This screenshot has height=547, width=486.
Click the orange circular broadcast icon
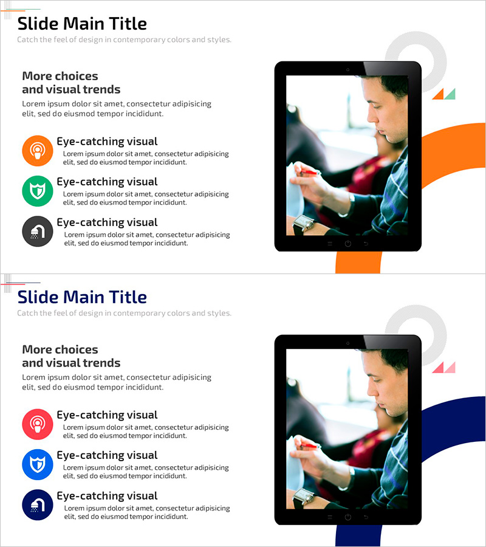(37, 151)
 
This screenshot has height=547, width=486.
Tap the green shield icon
(37, 191)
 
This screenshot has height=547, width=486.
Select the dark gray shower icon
(37, 232)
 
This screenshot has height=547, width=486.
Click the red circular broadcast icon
(37, 424)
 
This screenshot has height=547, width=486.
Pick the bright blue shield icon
(37, 465)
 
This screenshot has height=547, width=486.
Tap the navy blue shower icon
(37, 505)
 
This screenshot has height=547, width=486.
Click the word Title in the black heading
(128, 24)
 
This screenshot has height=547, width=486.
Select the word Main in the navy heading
(84, 297)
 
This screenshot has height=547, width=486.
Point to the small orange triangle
(438, 94)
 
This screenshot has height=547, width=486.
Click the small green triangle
(450, 94)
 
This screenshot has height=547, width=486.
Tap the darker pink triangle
(438, 367)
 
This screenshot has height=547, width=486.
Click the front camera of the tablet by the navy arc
(347, 343)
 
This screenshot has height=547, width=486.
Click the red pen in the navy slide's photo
(310, 446)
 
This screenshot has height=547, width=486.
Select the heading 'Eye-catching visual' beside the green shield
(107, 182)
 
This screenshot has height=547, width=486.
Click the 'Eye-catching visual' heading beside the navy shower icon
(107, 496)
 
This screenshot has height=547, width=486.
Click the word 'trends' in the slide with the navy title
(103, 363)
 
